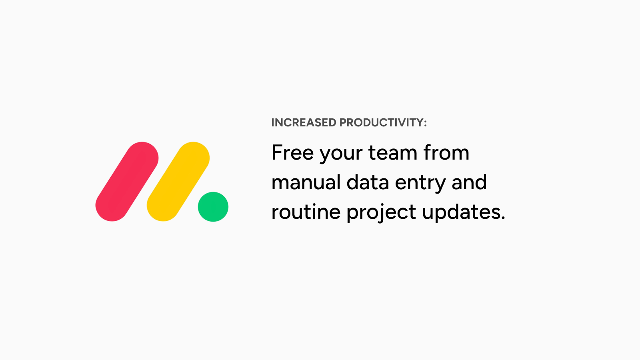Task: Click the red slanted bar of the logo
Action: (127, 182)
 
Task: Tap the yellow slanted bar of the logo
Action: (178, 182)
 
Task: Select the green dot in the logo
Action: (213, 206)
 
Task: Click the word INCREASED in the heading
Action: (304, 122)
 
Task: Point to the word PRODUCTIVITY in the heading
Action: (381, 122)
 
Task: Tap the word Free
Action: (292, 152)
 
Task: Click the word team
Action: (393, 152)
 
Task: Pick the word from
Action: (446, 152)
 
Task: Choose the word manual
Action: (306, 182)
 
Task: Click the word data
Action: (368, 182)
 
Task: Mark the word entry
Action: (420, 184)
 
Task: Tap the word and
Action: (469, 182)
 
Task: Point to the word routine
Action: (306, 212)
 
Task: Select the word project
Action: (381, 214)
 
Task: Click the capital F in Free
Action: (277, 152)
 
